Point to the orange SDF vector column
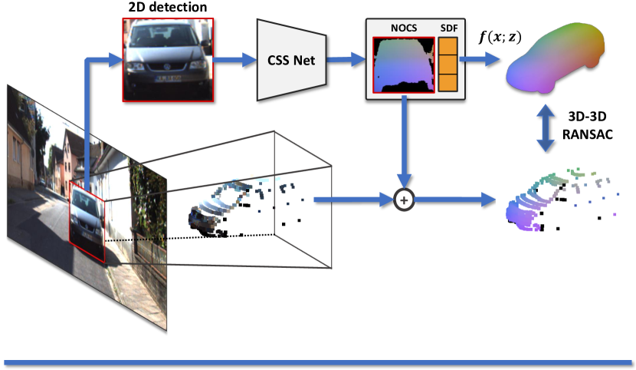[x=447, y=67]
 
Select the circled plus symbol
[x=403, y=200]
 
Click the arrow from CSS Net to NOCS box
[x=348, y=59]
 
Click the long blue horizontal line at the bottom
[x=317, y=362]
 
